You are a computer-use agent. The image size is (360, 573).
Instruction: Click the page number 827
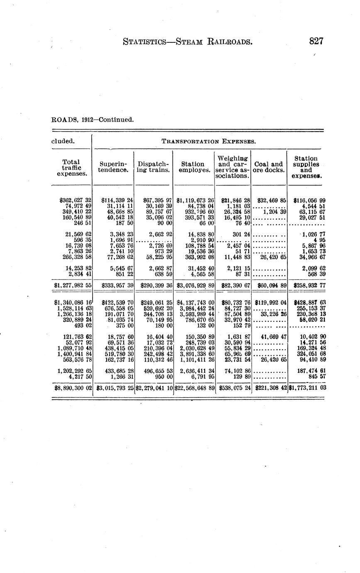[316, 41]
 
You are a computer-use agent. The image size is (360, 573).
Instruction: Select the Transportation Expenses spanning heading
[208, 141]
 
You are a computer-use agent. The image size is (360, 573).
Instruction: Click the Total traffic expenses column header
[71, 167]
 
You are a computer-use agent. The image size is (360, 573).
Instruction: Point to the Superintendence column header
[113, 167]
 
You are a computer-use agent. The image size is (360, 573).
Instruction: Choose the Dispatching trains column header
[153, 167]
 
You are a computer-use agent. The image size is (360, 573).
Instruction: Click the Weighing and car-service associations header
[233, 167]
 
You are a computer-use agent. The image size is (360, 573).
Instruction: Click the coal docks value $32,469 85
[270, 200]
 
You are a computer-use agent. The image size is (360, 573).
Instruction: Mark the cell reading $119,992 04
[270, 303]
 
